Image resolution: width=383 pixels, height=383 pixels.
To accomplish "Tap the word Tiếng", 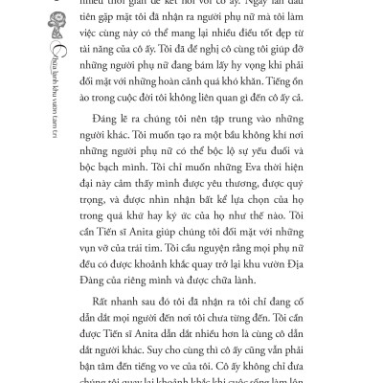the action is click(323, 81).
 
